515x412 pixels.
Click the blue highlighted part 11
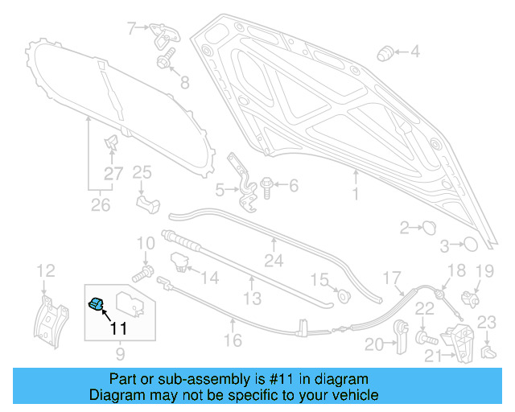pyautogui.click(x=97, y=303)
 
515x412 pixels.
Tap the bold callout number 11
pyautogui.click(x=117, y=328)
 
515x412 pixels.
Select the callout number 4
pyautogui.click(x=414, y=53)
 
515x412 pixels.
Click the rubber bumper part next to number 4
pyautogui.click(x=386, y=54)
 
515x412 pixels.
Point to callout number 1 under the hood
pyautogui.click(x=354, y=195)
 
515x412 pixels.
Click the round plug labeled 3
pyautogui.click(x=471, y=244)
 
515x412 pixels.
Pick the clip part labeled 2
pyautogui.click(x=429, y=227)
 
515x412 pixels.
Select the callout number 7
pyautogui.click(x=132, y=29)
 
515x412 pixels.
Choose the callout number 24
pyautogui.click(x=274, y=261)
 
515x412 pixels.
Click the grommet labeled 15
pyautogui.click(x=343, y=294)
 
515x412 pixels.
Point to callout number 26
pyautogui.click(x=100, y=205)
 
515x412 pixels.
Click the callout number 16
pyautogui.click(x=233, y=341)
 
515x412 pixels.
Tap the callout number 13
pyautogui.click(x=252, y=299)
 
